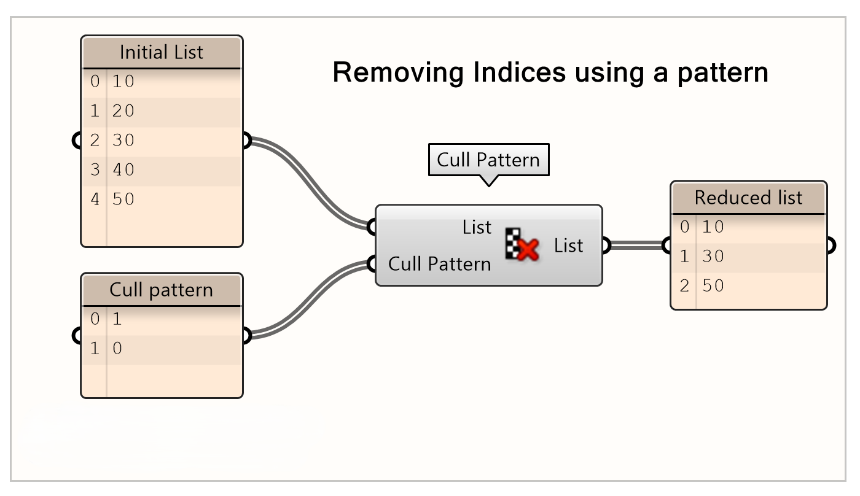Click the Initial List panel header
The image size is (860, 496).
162,52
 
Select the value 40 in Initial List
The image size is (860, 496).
123,169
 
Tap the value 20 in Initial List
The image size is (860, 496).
123,111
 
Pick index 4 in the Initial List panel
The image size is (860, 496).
95,199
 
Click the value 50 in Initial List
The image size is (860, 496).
123,199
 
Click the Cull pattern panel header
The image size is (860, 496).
162,290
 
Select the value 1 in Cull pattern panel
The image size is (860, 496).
117,319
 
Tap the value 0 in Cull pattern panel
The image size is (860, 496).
117,349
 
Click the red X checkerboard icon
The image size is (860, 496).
522,244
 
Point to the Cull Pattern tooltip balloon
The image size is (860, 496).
488,160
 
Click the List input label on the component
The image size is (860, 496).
477,227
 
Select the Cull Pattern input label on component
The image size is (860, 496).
440,264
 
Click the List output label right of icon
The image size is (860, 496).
568,246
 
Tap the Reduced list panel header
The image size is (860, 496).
748,198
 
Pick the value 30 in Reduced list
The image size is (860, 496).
713,257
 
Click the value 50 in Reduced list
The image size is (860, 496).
713,286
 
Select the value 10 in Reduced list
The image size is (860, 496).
713,227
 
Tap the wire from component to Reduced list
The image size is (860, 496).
636,246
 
